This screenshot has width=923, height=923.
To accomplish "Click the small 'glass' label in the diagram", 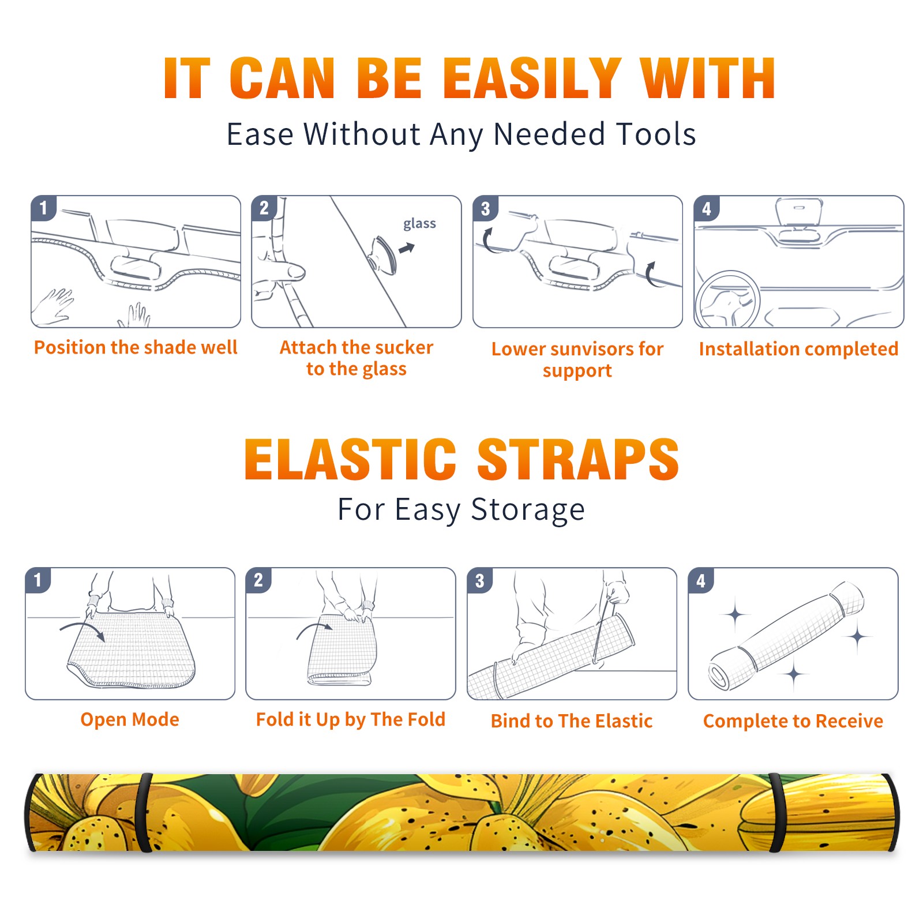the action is click(x=419, y=224).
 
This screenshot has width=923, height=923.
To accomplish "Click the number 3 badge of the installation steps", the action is click(x=485, y=208).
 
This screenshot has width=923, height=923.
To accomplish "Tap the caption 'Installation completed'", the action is click(x=798, y=348).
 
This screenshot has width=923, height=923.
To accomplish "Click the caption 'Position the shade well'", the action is click(x=136, y=347).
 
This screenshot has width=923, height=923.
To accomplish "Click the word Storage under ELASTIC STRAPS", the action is click(x=528, y=510).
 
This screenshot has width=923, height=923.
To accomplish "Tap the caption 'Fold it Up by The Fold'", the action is click(x=351, y=719).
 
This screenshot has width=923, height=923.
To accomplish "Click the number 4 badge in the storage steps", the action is click(x=701, y=580).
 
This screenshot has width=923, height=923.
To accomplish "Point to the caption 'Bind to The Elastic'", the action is click(x=572, y=721).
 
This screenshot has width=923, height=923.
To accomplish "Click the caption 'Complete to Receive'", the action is click(x=793, y=721).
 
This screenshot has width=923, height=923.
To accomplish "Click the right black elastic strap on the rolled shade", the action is click(x=777, y=812).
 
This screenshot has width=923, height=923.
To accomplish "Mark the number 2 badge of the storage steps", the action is click(x=258, y=580).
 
